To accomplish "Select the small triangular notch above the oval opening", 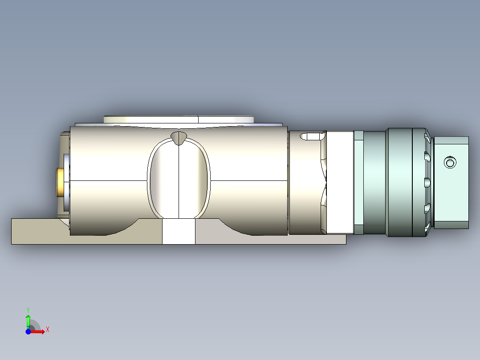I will pyautogui.click(x=179, y=138).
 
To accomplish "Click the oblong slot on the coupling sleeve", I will pyautogui.click(x=312, y=136).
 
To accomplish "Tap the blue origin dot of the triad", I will pyautogui.click(x=28, y=331).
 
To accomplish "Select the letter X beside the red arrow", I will pyautogui.click(x=47, y=330).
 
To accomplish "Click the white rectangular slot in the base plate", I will pyautogui.click(x=179, y=231).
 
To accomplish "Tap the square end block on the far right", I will pyautogui.click(x=451, y=183).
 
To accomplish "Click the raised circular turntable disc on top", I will pyautogui.click(x=178, y=119).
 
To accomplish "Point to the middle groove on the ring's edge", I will pyautogui.click(x=427, y=182).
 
